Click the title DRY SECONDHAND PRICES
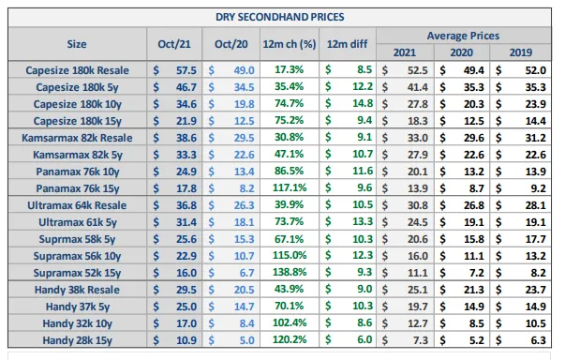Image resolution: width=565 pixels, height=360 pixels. (x=279, y=17)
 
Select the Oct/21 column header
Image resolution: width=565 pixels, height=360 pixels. (x=174, y=44)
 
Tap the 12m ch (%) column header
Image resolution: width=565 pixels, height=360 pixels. (x=290, y=44)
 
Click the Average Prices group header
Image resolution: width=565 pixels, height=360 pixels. (x=464, y=36)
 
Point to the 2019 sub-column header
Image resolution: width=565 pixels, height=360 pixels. (x=521, y=52)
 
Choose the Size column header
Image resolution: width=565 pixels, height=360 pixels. (x=77, y=44)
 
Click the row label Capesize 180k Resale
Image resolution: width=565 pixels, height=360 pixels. (x=77, y=70)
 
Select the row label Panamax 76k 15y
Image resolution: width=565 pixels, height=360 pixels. (x=78, y=188)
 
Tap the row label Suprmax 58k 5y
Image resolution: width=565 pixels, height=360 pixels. (x=77, y=239)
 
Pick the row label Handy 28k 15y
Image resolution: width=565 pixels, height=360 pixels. (x=78, y=340)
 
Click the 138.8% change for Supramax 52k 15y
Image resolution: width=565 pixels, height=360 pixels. (x=290, y=272)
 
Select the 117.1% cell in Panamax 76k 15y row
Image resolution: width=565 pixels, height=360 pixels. (x=290, y=187)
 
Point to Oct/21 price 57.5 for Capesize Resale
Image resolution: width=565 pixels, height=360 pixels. (x=186, y=70)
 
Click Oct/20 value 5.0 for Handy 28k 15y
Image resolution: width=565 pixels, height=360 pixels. (x=246, y=340)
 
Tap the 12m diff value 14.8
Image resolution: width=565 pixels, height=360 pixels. (x=362, y=103)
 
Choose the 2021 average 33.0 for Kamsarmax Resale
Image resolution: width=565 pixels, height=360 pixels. (x=418, y=138)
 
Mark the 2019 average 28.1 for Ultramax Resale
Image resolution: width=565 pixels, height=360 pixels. (x=535, y=205)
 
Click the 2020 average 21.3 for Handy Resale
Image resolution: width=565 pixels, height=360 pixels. (x=474, y=290)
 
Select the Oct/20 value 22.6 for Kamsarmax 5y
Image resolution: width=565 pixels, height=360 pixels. (x=244, y=155)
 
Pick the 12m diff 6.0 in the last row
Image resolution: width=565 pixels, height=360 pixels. (x=364, y=339)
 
